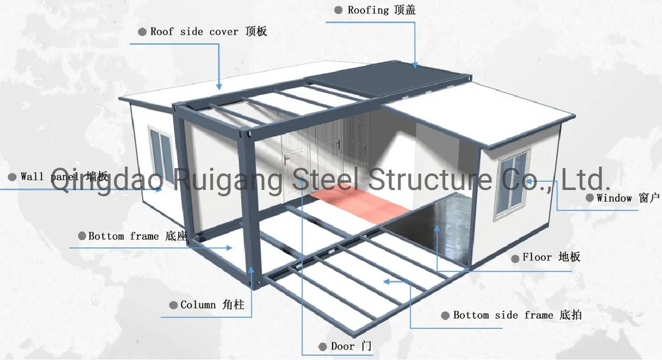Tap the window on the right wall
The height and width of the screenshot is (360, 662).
[512, 181]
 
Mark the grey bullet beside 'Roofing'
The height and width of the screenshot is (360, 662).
[338, 10]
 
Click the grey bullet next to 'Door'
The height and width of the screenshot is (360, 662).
[323, 346]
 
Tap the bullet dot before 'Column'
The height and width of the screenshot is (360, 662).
[173, 305]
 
